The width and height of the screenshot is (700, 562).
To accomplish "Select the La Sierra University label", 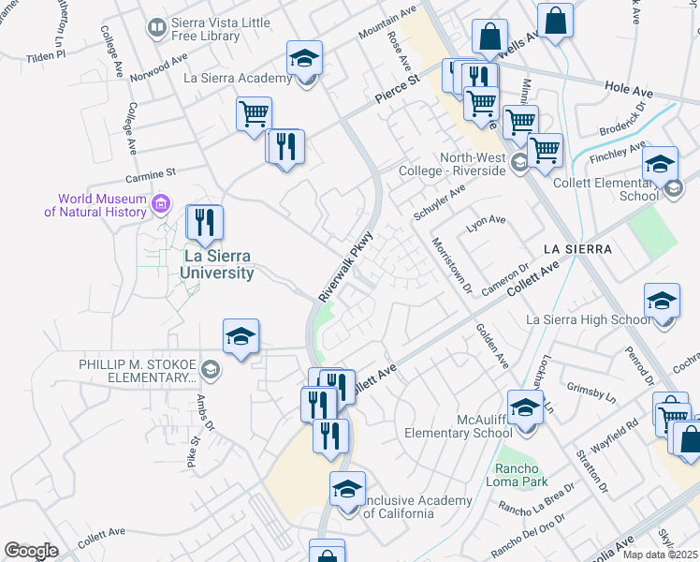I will [x=206, y=264].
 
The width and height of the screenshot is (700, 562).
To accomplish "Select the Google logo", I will [x=31, y=551].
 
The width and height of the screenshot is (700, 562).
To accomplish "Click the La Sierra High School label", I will [x=588, y=320].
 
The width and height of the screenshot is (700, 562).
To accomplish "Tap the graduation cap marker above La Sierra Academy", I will [x=305, y=59].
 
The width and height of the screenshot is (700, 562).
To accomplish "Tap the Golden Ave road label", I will [x=492, y=346].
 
